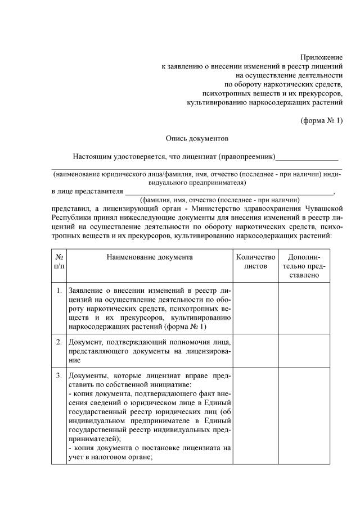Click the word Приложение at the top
click(321, 57)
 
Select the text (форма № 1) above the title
click(322, 120)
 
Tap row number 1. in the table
click(59, 291)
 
